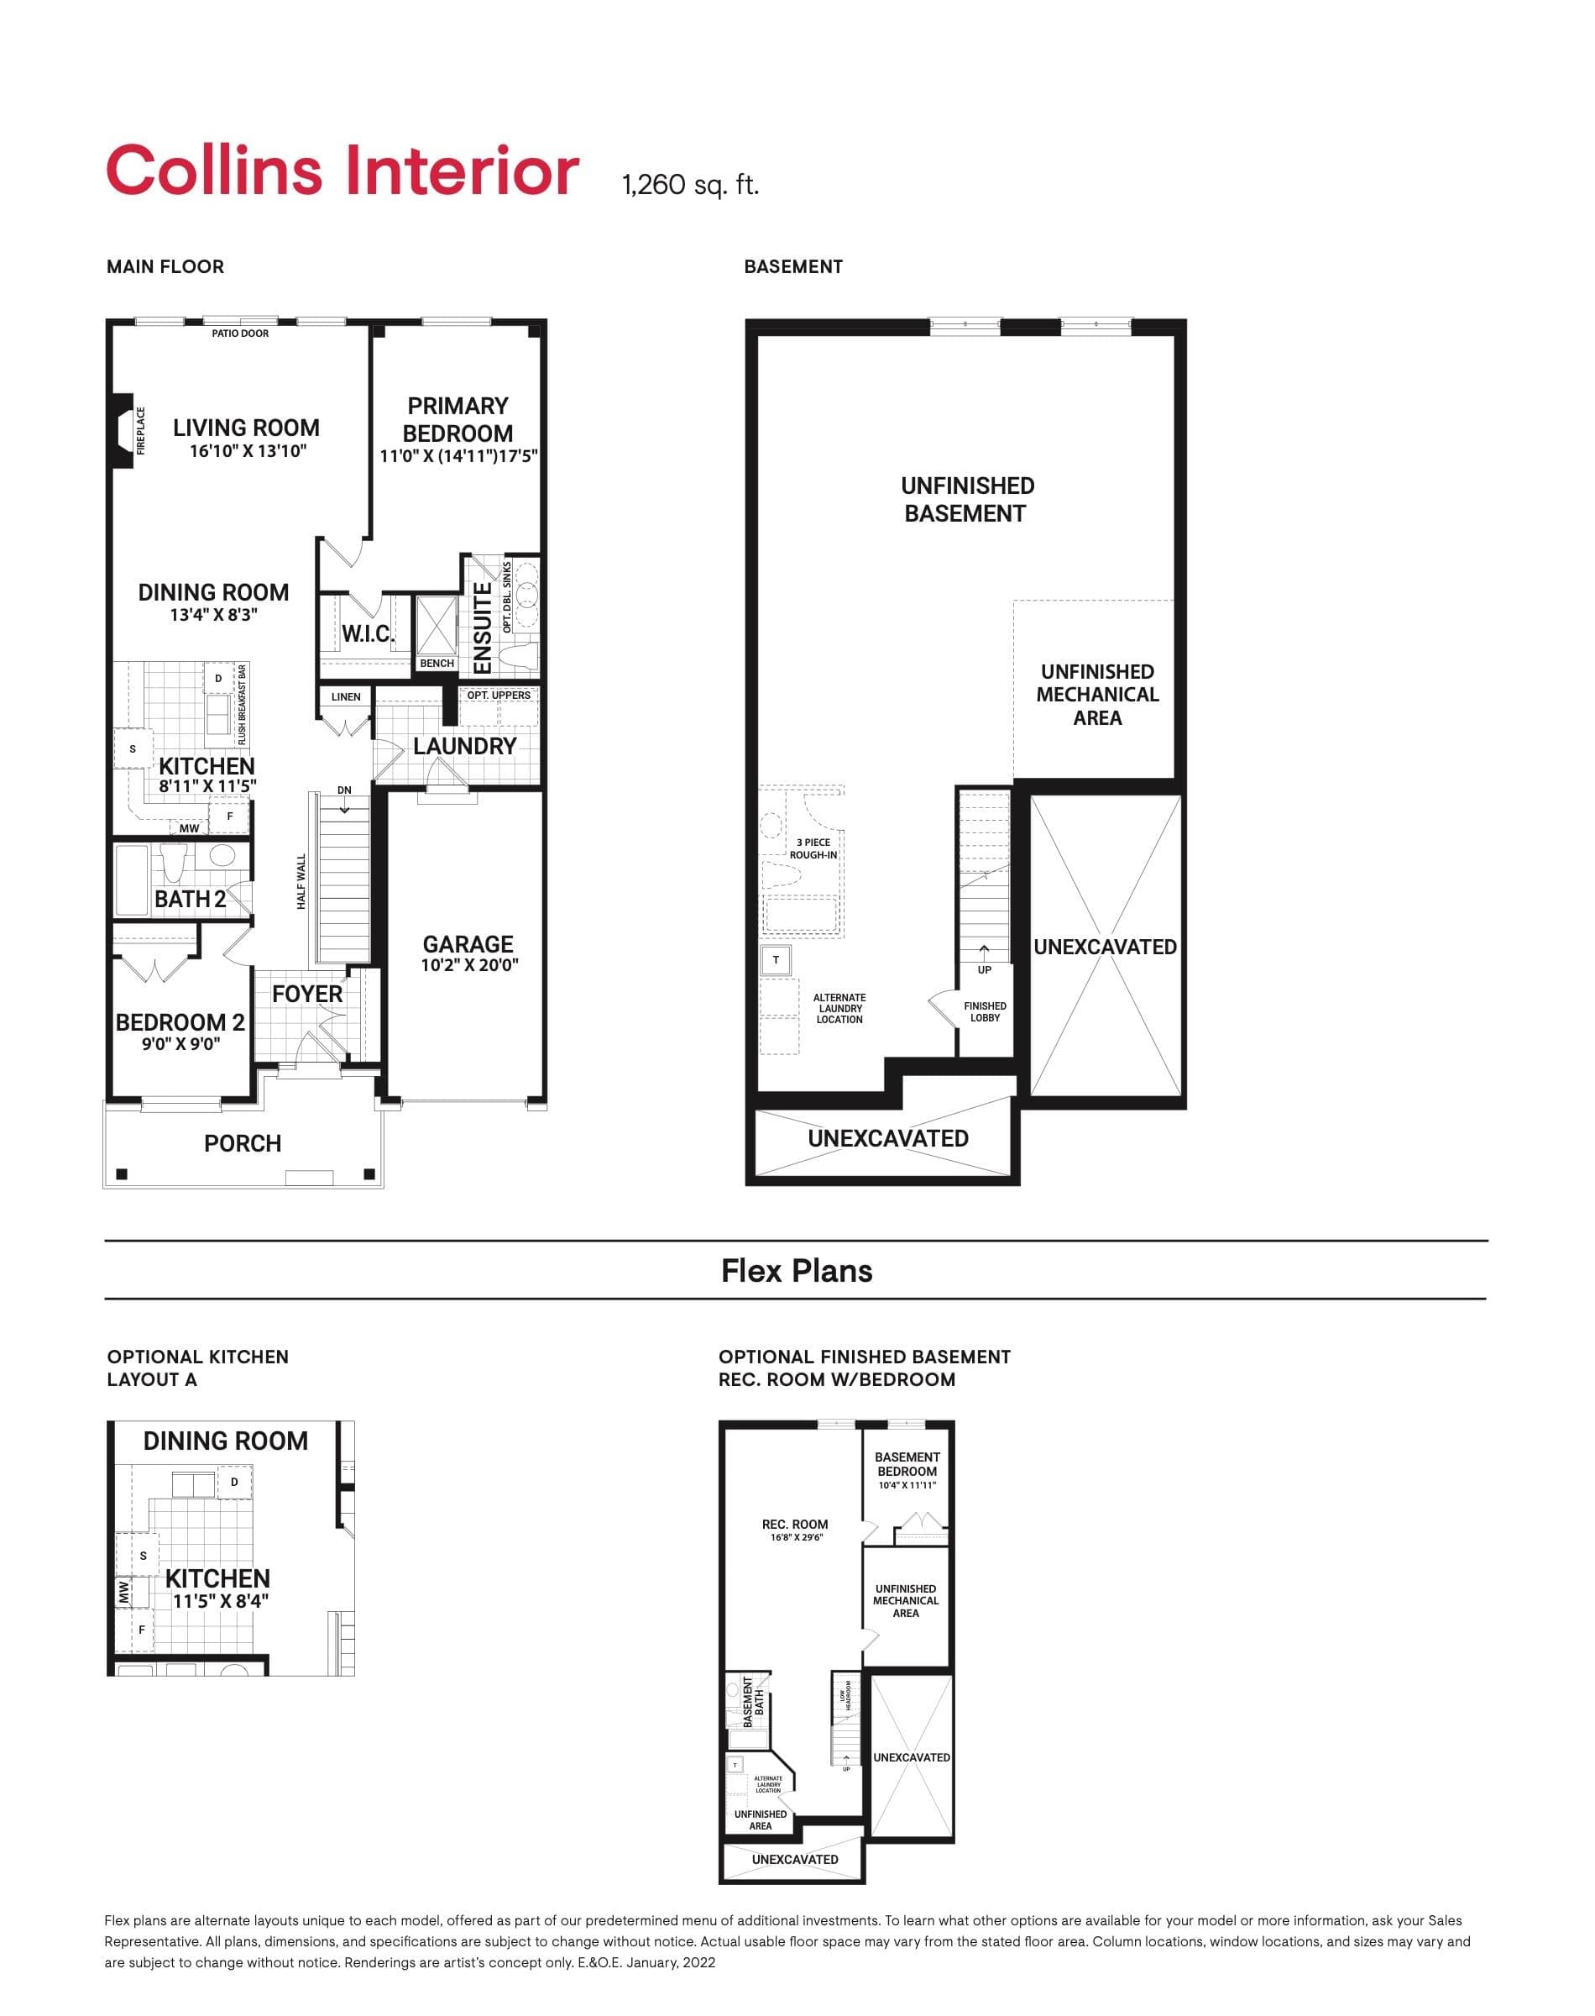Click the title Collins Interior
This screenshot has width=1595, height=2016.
[342, 172]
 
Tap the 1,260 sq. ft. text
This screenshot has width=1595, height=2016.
[690, 185]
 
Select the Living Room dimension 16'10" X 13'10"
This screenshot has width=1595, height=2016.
[248, 451]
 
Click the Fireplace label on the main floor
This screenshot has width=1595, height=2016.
[142, 431]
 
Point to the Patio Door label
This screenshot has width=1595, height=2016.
[240, 333]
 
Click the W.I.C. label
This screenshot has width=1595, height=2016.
[367, 633]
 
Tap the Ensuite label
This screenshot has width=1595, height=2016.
[483, 627]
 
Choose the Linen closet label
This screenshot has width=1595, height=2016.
[346, 697]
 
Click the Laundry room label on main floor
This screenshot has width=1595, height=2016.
[464, 747]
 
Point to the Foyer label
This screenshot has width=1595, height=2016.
[307, 994]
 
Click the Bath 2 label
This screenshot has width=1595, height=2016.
[190, 899]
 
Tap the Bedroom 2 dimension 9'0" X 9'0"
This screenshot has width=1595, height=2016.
[181, 1043]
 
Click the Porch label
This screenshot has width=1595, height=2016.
[243, 1143]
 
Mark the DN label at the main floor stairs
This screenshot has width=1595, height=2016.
[344, 790]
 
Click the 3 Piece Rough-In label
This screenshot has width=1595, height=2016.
[813, 848]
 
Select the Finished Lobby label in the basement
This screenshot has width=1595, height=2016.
[986, 1011]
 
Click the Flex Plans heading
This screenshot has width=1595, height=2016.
[797, 1271]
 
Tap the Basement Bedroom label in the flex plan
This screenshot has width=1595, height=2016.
[907, 1464]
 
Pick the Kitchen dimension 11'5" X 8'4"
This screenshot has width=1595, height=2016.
[221, 1600]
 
